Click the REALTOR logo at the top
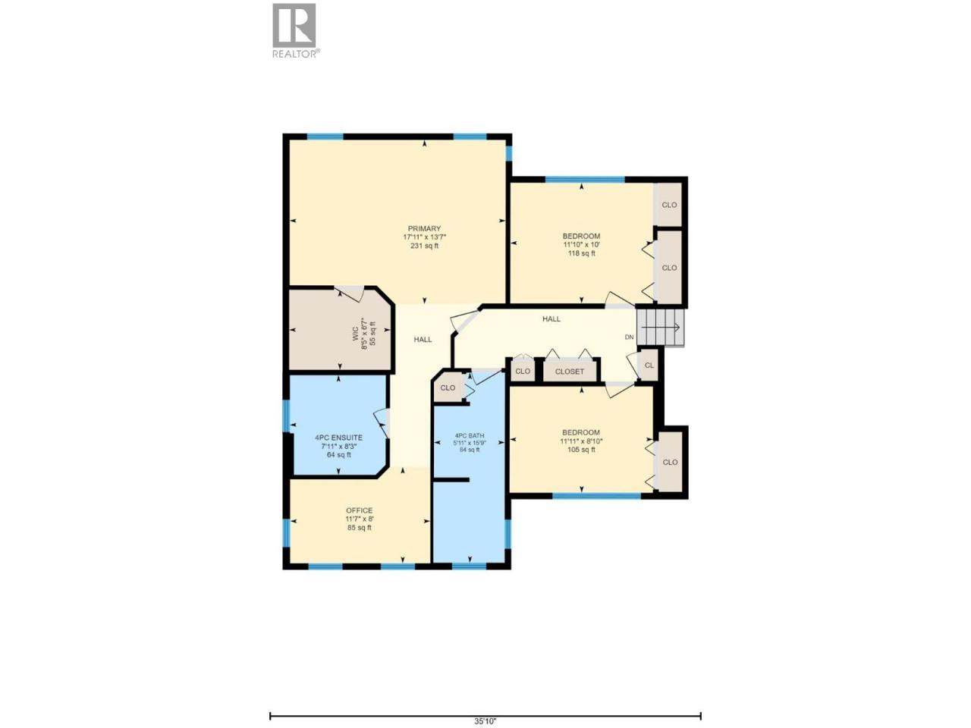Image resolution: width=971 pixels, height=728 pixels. pyautogui.click(x=294, y=31)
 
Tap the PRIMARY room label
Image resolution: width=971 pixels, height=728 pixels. pyautogui.click(x=424, y=228)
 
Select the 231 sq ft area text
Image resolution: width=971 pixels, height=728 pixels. pyautogui.click(x=424, y=246)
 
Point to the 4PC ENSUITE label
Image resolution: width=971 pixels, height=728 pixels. pyautogui.click(x=338, y=438)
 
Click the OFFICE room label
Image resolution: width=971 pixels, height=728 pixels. pyautogui.click(x=359, y=510)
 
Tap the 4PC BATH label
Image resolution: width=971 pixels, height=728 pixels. pyautogui.click(x=469, y=436)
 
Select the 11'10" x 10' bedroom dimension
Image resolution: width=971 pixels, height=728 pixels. pyautogui.click(x=581, y=244)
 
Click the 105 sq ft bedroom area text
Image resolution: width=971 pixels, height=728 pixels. pyautogui.click(x=581, y=450)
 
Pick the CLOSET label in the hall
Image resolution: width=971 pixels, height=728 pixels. pyautogui.click(x=570, y=372)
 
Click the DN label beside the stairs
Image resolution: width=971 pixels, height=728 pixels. pyautogui.click(x=629, y=337)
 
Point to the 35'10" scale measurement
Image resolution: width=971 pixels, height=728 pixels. pyautogui.click(x=485, y=721)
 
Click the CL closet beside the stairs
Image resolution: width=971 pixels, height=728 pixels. pyautogui.click(x=649, y=365)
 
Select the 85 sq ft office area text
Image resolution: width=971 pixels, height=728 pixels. pyautogui.click(x=359, y=528)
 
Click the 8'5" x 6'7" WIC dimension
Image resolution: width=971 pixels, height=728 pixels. pyautogui.click(x=364, y=334)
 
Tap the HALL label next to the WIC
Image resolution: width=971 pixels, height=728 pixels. pyautogui.click(x=423, y=340)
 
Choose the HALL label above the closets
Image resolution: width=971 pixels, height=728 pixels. pyautogui.click(x=551, y=318)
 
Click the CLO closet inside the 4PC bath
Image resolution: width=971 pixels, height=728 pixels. pyautogui.click(x=448, y=388)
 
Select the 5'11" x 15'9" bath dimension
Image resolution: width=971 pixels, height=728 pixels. pyautogui.click(x=469, y=442)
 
